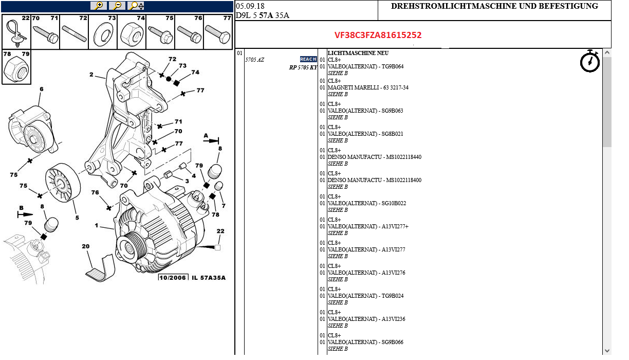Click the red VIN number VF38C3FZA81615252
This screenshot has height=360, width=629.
point(378,35)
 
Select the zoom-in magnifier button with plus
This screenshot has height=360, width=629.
point(98,6)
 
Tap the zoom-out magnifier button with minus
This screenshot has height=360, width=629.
point(117,6)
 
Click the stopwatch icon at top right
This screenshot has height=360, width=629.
point(589,61)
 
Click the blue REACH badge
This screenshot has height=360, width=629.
point(308,59)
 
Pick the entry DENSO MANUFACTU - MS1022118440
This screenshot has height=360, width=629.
point(374,157)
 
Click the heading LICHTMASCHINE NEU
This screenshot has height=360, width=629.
point(358,53)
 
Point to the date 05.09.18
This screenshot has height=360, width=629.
point(250,6)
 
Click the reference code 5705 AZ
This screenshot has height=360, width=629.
point(254,60)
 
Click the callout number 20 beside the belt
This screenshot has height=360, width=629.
point(85,246)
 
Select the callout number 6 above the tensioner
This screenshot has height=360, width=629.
point(42,89)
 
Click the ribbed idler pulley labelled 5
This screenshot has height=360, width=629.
point(61,183)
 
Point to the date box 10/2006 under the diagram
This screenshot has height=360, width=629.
point(173,278)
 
